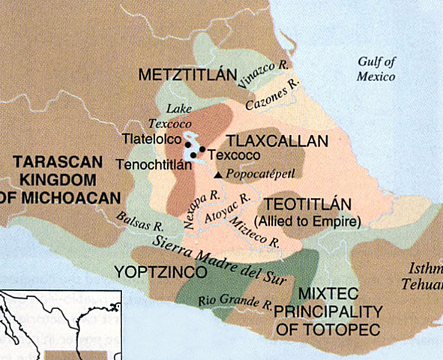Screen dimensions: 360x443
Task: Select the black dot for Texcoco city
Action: pos(202,149)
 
